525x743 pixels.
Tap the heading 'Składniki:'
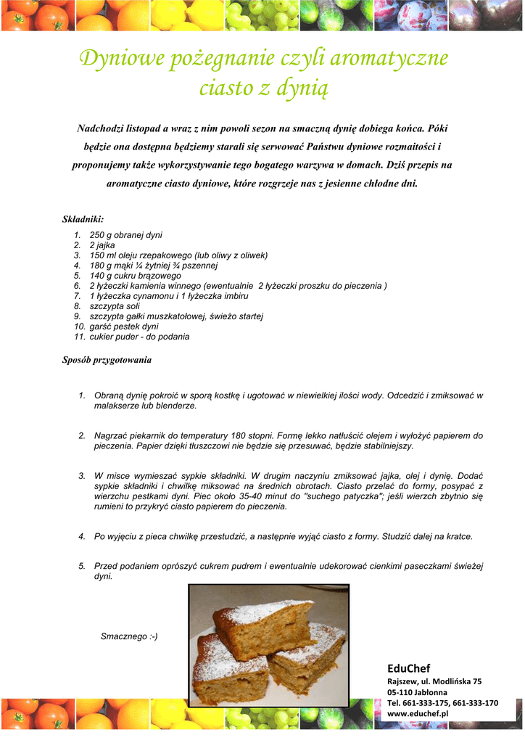(83, 218)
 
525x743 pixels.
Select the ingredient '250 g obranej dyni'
(125, 235)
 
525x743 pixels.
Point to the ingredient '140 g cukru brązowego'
(135, 276)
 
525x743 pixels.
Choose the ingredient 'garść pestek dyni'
(124, 327)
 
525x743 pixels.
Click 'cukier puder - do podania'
(139, 337)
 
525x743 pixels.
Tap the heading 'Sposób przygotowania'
(107, 360)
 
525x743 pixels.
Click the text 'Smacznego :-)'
(128, 636)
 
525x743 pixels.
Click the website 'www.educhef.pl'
(418, 714)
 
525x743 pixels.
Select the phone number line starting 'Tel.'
(442, 703)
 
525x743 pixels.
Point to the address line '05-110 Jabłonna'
(417, 692)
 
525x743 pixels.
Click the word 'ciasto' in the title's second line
(227, 89)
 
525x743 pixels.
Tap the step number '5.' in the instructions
(82, 566)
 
